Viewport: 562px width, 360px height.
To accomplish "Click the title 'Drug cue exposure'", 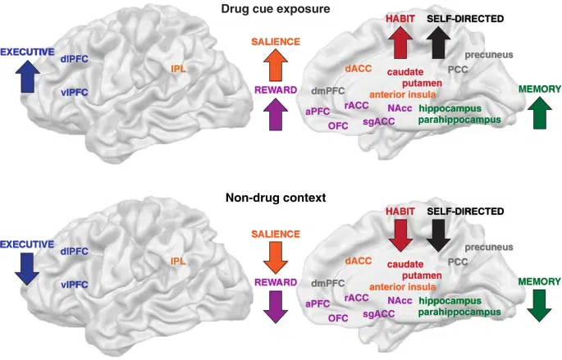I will pyautogui.click(x=281, y=8).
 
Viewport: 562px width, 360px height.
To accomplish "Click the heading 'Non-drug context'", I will pyautogui.click(x=281, y=198).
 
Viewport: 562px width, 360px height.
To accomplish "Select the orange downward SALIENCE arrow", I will pyautogui.click(x=275, y=256).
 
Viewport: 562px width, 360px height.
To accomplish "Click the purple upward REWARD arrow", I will pyautogui.click(x=275, y=114).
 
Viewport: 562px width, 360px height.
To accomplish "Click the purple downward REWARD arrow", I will pyautogui.click(x=275, y=305).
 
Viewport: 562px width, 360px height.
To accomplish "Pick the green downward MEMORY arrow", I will pyautogui.click(x=539, y=304).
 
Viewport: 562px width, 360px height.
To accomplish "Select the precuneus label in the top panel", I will pyautogui.click(x=489, y=55).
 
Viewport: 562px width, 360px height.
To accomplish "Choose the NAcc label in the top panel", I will pyautogui.click(x=400, y=108).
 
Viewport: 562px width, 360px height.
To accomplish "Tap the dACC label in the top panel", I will pyautogui.click(x=359, y=70).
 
